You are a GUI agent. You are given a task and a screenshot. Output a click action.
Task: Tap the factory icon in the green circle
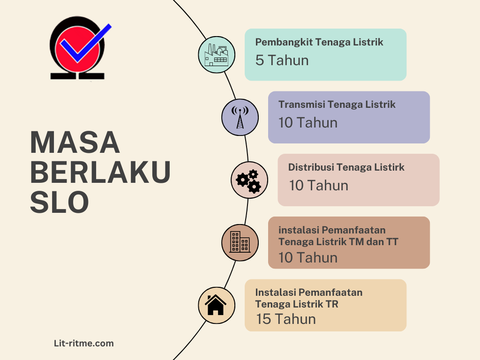(216, 55)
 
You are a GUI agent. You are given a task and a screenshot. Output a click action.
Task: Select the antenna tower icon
(240, 117)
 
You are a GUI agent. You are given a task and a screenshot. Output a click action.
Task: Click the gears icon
(249, 180)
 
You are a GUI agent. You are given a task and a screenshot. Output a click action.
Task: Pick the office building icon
(240, 242)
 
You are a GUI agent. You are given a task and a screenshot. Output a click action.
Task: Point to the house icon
(216, 305)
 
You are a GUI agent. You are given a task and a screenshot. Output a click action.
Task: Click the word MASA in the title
(75, 142)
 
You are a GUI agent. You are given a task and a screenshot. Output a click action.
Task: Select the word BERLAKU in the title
(100, 172)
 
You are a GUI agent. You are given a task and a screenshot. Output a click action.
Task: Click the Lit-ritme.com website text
(84, 344)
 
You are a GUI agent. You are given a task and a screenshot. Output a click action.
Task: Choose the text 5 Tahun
(282, 60)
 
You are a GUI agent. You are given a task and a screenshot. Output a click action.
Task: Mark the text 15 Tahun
(286, 319)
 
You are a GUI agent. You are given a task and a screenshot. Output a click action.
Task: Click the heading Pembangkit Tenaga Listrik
(319, 42)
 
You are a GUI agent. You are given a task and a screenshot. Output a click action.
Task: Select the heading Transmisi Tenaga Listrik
(337, 105)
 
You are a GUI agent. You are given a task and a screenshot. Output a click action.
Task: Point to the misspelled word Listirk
(389, 167)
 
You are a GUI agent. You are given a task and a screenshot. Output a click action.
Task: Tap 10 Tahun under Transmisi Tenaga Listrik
(308, 123)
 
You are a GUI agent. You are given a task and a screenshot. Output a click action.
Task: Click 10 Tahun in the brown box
(308, 257)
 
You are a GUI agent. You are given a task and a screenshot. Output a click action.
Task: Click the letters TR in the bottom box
(332, 304)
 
